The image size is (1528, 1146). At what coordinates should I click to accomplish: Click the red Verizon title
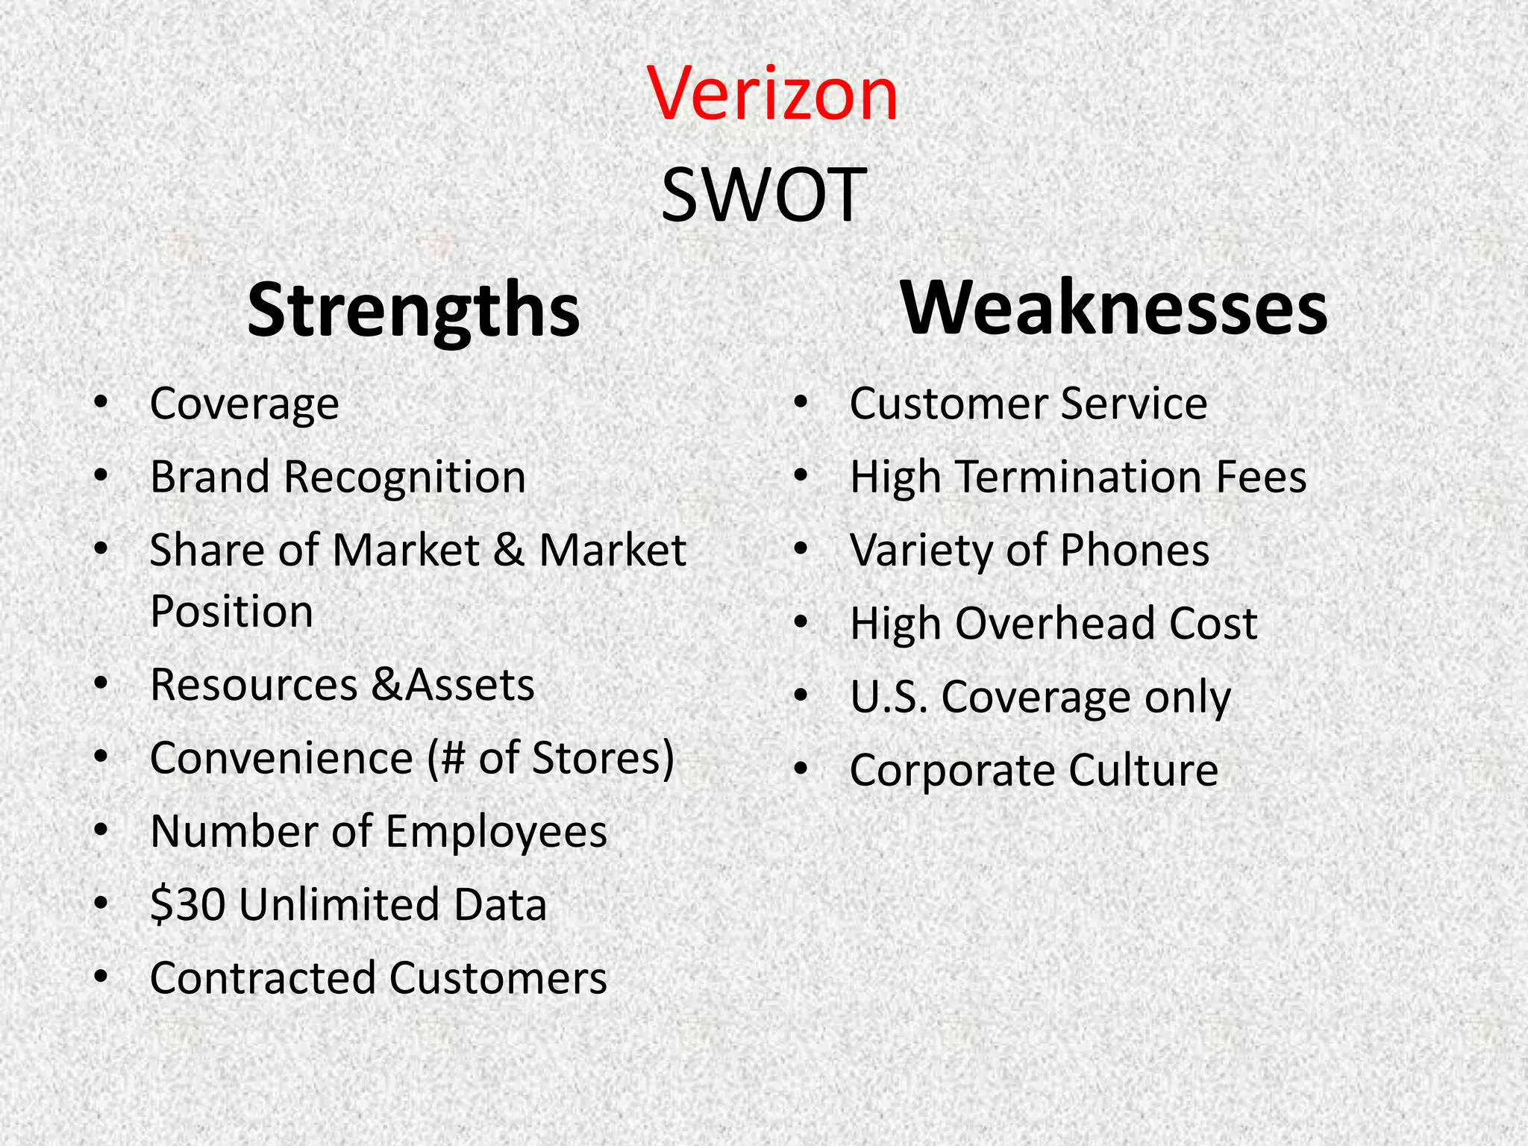point(772,94)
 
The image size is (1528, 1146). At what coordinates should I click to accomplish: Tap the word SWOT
point(763,195)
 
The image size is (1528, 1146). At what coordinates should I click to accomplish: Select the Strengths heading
point(413,310)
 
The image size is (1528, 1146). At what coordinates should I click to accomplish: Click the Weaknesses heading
point(1114,307)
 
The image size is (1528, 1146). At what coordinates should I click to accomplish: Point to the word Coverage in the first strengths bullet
point(244,404)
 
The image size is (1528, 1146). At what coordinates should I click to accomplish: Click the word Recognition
point(404,477)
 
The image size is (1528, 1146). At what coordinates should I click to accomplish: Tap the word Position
point(231,612)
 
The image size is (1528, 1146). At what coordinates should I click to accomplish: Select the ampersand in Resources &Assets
point(387,684)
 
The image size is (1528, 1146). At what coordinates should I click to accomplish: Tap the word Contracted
point(262,978)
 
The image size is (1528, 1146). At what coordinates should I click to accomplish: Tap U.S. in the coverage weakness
point(889,697)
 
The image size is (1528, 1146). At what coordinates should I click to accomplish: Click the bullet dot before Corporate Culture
point(801,770)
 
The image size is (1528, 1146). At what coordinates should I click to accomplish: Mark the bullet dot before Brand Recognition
point(101,477)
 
